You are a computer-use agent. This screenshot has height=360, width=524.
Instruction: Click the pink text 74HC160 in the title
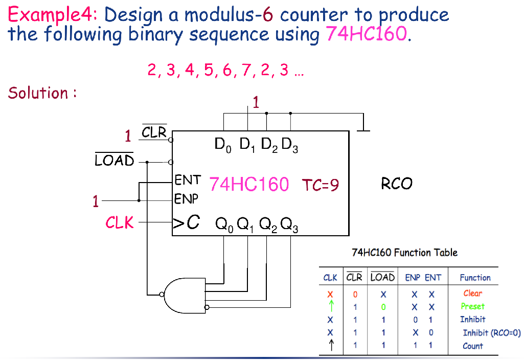click(367, 35)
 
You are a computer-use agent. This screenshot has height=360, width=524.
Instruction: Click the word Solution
click(38, 93)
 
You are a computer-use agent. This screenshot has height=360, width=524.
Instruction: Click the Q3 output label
click(290, 224)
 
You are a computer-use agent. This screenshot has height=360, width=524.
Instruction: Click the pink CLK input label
click(119, 222)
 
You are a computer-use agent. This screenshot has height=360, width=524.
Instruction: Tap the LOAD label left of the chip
click(115, 161)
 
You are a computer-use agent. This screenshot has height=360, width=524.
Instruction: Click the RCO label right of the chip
click(396, 184)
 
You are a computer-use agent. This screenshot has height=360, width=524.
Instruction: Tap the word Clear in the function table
click(472, 293)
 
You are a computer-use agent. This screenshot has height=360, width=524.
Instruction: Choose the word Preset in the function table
click(472, 306)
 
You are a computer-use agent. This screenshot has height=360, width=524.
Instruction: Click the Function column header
click(475, 278)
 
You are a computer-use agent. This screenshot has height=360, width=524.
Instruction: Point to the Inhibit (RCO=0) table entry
click(491, 333)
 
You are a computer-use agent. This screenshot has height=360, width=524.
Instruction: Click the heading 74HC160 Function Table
click(404, 252)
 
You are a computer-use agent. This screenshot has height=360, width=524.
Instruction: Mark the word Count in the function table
click(472, 346)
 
